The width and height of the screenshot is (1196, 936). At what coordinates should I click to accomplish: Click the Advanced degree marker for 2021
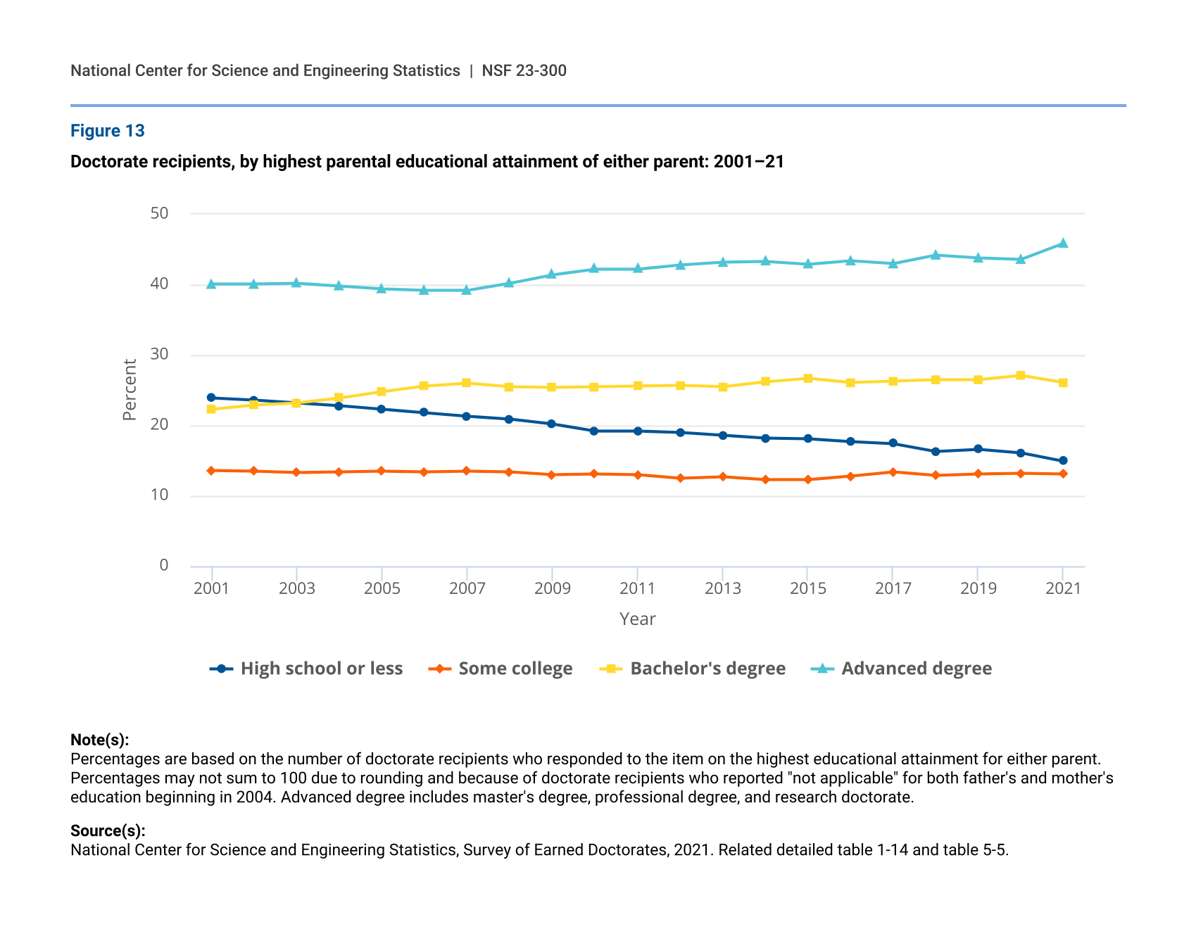point(1063,244)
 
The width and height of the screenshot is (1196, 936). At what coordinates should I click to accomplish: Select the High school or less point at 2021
point(1063,461)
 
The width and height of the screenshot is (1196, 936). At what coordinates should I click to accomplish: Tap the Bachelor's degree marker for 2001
point(211,409)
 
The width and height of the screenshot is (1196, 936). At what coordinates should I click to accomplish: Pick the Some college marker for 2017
point(893,472)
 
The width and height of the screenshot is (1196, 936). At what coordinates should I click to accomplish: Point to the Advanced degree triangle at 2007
point(467,290)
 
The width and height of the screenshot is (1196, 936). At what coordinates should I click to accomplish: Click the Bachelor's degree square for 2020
point(1021,376)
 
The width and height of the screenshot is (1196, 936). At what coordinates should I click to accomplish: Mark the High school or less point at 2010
point(594,431)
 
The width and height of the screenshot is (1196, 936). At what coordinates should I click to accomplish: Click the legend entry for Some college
point(515,669)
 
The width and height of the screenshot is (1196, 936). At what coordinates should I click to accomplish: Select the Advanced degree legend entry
point(916,669)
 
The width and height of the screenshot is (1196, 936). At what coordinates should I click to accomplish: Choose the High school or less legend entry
point(321,669)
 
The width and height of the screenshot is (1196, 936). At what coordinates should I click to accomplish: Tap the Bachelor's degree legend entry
point(707,669)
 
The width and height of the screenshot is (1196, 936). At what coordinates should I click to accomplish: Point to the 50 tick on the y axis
point(160,213)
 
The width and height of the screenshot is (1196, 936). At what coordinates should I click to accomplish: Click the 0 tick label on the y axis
point(164,565)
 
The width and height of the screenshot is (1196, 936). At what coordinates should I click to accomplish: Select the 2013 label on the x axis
point(723,588)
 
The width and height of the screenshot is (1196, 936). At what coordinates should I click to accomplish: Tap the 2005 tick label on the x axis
point(382,588)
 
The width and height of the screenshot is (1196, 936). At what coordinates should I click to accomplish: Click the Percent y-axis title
point(130,390)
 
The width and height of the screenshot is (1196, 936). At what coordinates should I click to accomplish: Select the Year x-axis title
point(638,619)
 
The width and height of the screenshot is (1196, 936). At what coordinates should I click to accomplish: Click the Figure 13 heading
point(108,131)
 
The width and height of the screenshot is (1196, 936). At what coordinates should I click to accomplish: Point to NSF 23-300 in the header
point(524,70)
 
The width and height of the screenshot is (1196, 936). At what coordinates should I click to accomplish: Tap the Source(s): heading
point(108,830)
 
